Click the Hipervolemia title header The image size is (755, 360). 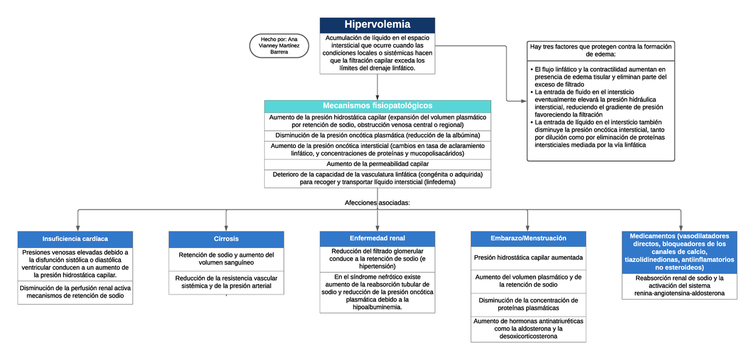point(377,25)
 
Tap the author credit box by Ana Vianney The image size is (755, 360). point(279,45)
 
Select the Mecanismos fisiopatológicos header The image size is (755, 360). point(377,106)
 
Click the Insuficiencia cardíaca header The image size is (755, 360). point(75,239)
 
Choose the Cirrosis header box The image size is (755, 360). point(226,239)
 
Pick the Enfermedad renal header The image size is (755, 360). point(377,239)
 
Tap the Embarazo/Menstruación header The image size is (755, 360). point(528,239)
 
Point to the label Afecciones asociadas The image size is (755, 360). point(377,203)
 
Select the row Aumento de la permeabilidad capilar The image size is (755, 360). point(377,164)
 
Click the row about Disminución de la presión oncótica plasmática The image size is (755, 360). point(377,135)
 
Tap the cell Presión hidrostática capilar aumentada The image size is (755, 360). point(528,257)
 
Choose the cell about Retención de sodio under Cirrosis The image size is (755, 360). point(226,259)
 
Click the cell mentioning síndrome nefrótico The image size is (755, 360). point(377,292)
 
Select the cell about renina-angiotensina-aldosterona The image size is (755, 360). point(679,286)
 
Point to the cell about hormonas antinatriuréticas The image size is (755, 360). point(528,329)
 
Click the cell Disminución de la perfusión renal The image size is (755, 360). point(75,292)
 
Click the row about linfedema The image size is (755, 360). point(377,178)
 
